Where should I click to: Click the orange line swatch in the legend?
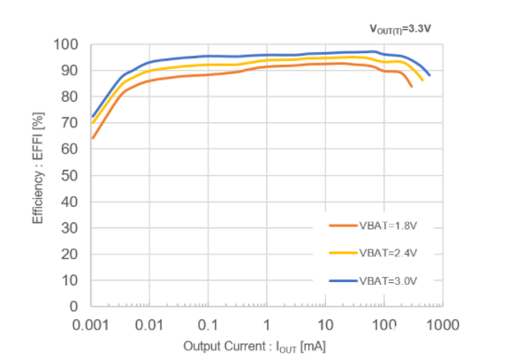pyautogui.click(x=341, y=226)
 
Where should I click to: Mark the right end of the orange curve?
pyautogui.click(x=412, y=87)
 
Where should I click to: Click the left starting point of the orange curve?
pyautogui.click(x=92, y=138)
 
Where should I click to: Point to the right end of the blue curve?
pyautogui.click(x=429, y=76)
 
